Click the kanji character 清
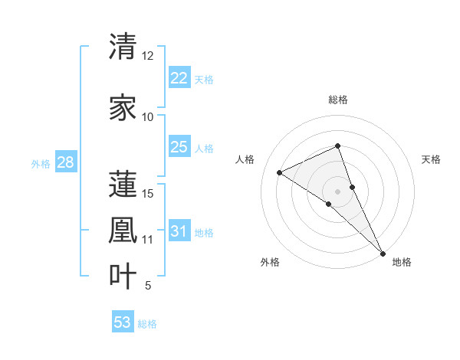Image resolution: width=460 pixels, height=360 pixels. (x=123, y=47)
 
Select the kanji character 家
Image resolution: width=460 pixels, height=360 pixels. (x=123, y=108)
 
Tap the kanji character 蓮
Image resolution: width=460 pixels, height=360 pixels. (x=123, y=184)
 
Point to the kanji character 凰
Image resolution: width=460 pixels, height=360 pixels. (x=123, y=231)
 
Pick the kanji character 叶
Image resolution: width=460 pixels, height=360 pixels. (x=123, y=277)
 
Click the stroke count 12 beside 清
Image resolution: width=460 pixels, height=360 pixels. (x=147, y=56)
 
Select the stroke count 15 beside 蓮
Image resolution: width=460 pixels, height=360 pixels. (x=147, y=193)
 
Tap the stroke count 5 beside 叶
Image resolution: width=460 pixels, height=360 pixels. (x=147, y=286)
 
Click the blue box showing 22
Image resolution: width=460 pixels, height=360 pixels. (x=179, y=78)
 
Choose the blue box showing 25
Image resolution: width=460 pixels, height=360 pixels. (x=179, y=147)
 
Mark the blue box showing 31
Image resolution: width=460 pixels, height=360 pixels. (x=179, y=231)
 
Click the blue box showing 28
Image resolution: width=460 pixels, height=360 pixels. (x=64, y=162)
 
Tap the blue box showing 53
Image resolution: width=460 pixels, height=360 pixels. (x=123, y=322)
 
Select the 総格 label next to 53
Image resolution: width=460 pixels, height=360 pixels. (x=147, y=324)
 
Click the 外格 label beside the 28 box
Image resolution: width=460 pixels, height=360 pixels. (x=40, y=163)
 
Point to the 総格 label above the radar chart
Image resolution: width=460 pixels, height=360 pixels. (x=337, y=100)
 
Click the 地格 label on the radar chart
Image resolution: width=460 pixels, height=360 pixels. (x=402, y=263)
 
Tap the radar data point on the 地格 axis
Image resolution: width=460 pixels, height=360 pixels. (x=383, y=252)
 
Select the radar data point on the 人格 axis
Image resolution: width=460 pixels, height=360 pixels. (x=280, y=172)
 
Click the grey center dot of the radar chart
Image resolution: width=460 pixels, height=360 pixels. (x=337, y=191)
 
